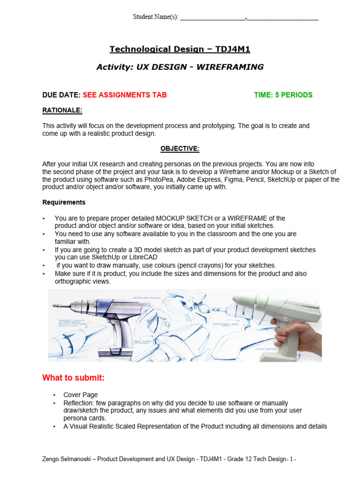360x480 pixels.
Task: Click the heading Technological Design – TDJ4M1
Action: (x=180, y=49)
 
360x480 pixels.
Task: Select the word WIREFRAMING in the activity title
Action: (x=230, y=67)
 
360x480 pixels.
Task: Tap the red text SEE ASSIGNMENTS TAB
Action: (x=125, y=95)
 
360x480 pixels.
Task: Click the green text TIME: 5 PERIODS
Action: (x=283, y=95)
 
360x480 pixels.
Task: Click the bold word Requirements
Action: (x=64, y=202)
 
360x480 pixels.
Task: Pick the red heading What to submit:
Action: (x=73, y=378)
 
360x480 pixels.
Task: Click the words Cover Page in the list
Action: (x=81, y=395)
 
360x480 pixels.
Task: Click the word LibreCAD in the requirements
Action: (x=142, y=257)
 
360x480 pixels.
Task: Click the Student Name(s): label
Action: (x=156, y=17)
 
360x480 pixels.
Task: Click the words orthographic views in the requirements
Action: (x=82, y=281)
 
